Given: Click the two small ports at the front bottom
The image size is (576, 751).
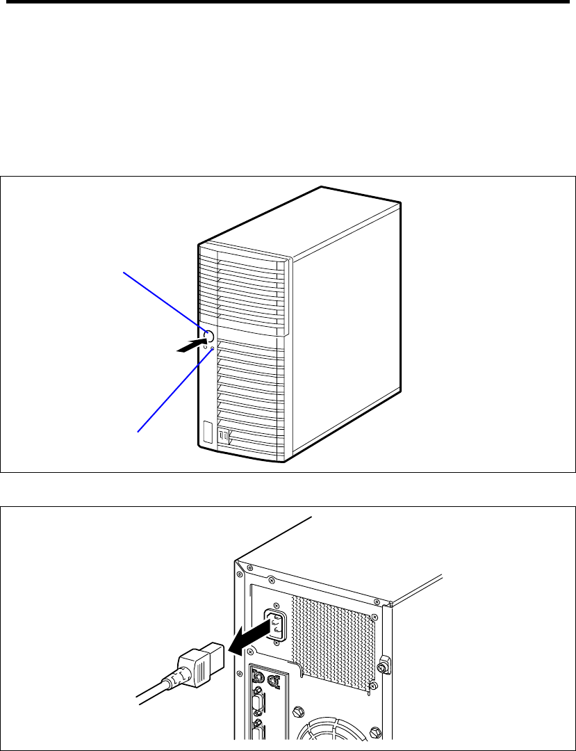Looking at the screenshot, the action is pyautogui.click(x=223, y=436).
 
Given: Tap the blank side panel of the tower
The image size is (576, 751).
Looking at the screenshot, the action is pyautogui.click(x=344, y=320).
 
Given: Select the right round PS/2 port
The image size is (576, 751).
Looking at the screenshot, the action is pyautogui.click(x=272, y=681).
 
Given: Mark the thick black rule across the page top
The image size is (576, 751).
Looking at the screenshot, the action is pyautogui.click(x=288, y=3).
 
